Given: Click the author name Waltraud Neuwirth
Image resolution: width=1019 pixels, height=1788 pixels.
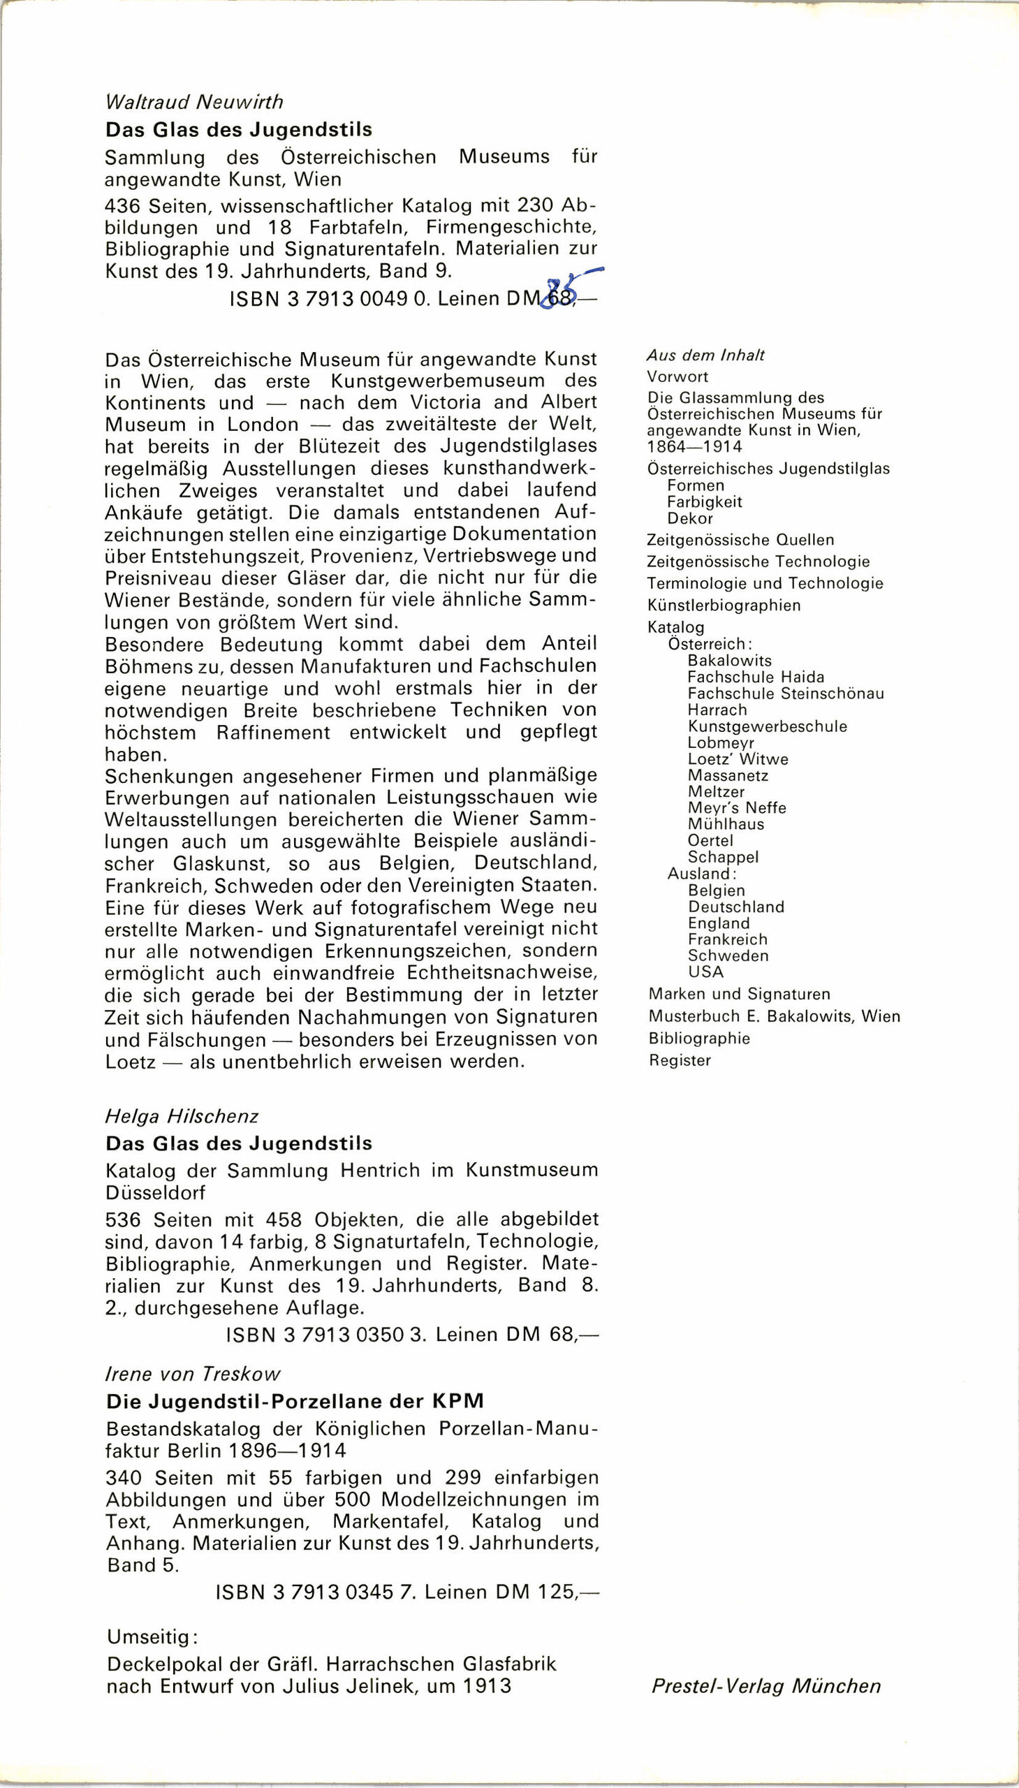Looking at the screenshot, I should coord(194,102).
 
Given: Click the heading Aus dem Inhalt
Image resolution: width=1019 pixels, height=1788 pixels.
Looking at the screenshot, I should coord(705,356).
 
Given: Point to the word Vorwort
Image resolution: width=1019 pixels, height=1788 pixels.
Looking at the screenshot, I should coord(677,376).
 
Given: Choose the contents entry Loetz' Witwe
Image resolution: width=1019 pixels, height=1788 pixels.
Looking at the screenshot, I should coord(738,759).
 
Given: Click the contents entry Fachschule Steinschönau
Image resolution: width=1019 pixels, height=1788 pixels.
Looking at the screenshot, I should coord(785,694).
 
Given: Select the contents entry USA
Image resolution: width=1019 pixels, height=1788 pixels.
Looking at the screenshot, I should coord(705,972).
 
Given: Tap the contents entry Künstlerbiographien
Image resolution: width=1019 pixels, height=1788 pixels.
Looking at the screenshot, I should coord(724,606).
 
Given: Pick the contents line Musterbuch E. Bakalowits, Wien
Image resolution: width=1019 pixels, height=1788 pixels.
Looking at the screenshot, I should coord(774,1016).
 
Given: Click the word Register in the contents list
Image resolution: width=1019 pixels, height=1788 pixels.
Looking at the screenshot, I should coord(680,1060).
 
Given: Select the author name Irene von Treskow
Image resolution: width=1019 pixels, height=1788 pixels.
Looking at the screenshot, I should coord(193,1374).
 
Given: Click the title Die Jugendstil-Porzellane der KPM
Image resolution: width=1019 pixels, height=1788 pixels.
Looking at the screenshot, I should coord(295,1401).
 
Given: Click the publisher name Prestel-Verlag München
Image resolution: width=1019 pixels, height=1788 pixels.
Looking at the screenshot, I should coord(765,1686).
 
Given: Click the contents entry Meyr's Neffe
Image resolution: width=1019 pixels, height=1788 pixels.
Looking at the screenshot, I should coord(737,808).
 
